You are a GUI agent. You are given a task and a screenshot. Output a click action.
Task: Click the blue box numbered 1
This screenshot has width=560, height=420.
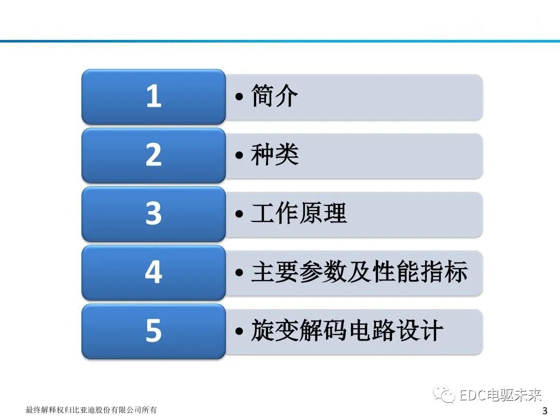(153, 96)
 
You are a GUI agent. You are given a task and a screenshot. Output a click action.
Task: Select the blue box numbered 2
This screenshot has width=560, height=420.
(153, 155)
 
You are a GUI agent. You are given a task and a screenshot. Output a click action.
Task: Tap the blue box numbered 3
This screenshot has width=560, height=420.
(153, 214)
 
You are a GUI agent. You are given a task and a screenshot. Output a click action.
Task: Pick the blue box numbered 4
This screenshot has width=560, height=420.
(153, 272)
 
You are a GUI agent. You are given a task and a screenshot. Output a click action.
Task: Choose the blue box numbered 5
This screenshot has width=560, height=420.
(153, 331)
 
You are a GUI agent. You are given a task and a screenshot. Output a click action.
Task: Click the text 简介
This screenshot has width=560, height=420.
(274, 96)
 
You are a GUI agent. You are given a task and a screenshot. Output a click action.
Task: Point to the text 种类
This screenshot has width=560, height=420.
(274, 155)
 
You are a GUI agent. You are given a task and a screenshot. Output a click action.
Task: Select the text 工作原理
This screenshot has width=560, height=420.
(299, 214)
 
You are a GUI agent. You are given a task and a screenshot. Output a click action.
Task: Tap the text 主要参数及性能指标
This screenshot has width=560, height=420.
(359, 272)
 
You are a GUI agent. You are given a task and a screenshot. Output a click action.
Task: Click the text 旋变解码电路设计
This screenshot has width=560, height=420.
(347, 331)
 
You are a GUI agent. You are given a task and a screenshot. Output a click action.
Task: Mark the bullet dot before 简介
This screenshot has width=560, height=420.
(239, 97)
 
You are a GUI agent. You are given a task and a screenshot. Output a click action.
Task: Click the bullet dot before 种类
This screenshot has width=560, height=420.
(239, 156)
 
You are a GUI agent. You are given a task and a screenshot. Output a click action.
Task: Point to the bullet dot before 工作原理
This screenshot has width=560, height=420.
(239, 215)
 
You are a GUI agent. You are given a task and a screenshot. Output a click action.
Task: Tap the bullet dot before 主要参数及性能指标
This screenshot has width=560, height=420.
(239, 273)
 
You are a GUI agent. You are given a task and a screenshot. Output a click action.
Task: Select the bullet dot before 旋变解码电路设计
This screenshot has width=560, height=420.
(239, 332)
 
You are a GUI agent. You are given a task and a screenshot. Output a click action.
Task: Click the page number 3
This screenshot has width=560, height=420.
(544, 411)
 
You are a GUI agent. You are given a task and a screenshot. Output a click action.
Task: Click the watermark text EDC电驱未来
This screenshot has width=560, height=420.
(500, 396)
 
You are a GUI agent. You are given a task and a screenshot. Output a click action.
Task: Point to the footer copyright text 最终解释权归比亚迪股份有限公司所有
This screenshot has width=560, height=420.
(91, 410)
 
